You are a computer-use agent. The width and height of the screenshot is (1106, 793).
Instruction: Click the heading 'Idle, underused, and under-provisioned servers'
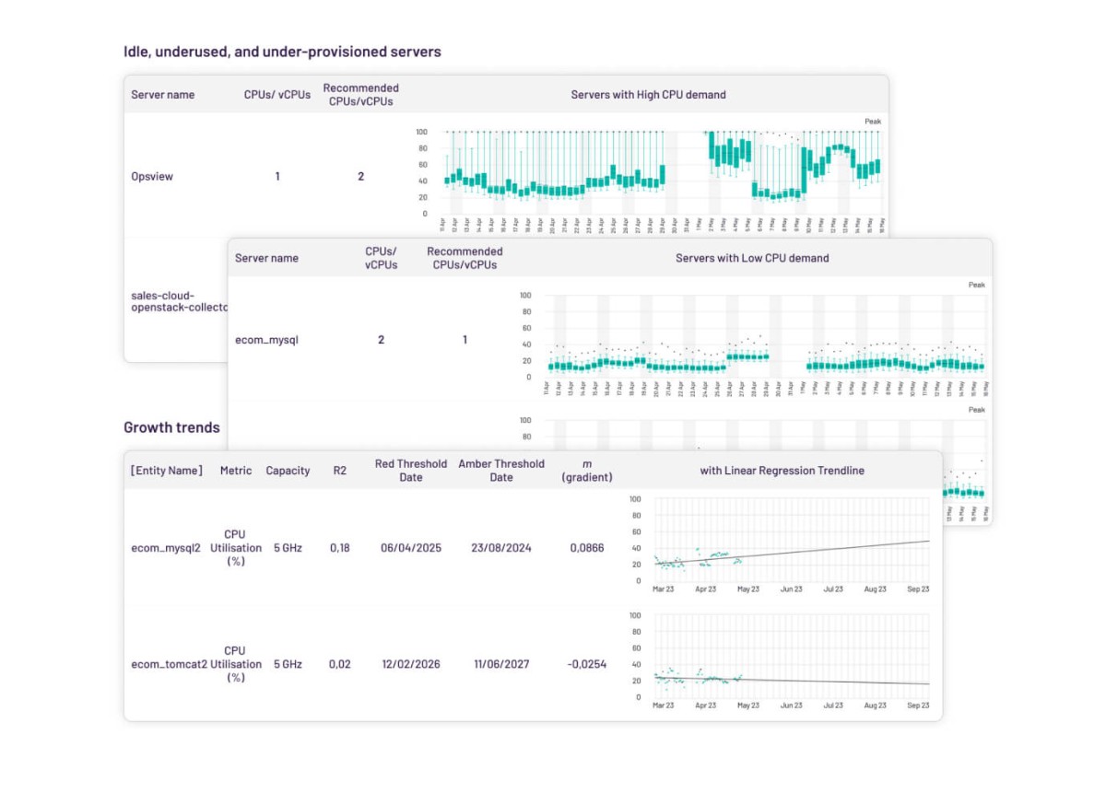pos(282,52)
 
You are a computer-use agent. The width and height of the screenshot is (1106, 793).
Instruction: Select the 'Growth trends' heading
pos(171,427)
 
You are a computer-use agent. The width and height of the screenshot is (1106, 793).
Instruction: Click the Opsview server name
pos(152,176)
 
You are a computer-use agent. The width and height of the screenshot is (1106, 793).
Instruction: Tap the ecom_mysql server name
pos(266,340)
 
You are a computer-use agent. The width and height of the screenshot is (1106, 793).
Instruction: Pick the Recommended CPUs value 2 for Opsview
pos(360,176)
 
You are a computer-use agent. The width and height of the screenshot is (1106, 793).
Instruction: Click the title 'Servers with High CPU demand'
pos(648,95)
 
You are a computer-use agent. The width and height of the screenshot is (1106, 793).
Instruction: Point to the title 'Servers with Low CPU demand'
pos(752,259)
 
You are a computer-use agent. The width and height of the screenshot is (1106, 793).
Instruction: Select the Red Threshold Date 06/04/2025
pos(411,548)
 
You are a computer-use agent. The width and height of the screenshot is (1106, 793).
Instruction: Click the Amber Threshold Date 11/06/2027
pos(501,664)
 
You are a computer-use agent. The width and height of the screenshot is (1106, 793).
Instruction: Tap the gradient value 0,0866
pos(587,548)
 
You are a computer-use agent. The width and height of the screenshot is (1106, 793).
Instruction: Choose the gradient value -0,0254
pos(585,664)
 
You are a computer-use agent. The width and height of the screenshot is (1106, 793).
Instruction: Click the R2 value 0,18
pos(340,548)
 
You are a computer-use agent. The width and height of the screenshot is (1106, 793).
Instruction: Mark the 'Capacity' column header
pos(288,471)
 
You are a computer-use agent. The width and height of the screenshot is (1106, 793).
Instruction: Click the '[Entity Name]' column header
pos(167,471)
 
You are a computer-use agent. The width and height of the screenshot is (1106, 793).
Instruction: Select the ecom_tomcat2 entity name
pos(169,664)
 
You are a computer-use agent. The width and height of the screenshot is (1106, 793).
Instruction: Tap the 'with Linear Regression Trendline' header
pos(782,471)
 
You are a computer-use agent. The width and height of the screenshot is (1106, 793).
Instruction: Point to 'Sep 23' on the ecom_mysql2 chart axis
pos(918,589)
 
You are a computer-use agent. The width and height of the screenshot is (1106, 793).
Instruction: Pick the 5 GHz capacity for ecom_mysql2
pos(288,548)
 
